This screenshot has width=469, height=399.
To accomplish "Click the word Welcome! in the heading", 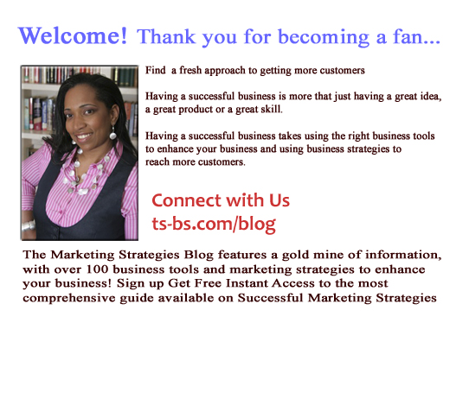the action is click(73, 35).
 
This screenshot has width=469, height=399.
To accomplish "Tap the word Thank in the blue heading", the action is click(166, 36).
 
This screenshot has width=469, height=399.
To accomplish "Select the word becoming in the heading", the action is click(324, 38).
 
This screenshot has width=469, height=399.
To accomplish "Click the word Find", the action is click(155, 71).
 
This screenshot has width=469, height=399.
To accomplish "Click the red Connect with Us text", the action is click(221, 200).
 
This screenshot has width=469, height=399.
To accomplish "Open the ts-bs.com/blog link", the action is click(214, 225).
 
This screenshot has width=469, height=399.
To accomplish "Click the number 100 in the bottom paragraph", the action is click(97, 269).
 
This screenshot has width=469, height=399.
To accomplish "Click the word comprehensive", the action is click(69, 298).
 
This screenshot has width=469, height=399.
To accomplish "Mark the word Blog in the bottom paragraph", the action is click(199, 256).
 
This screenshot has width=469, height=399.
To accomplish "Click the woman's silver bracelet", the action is click(29, 225).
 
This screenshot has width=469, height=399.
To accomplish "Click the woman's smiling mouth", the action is click(84, 136).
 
